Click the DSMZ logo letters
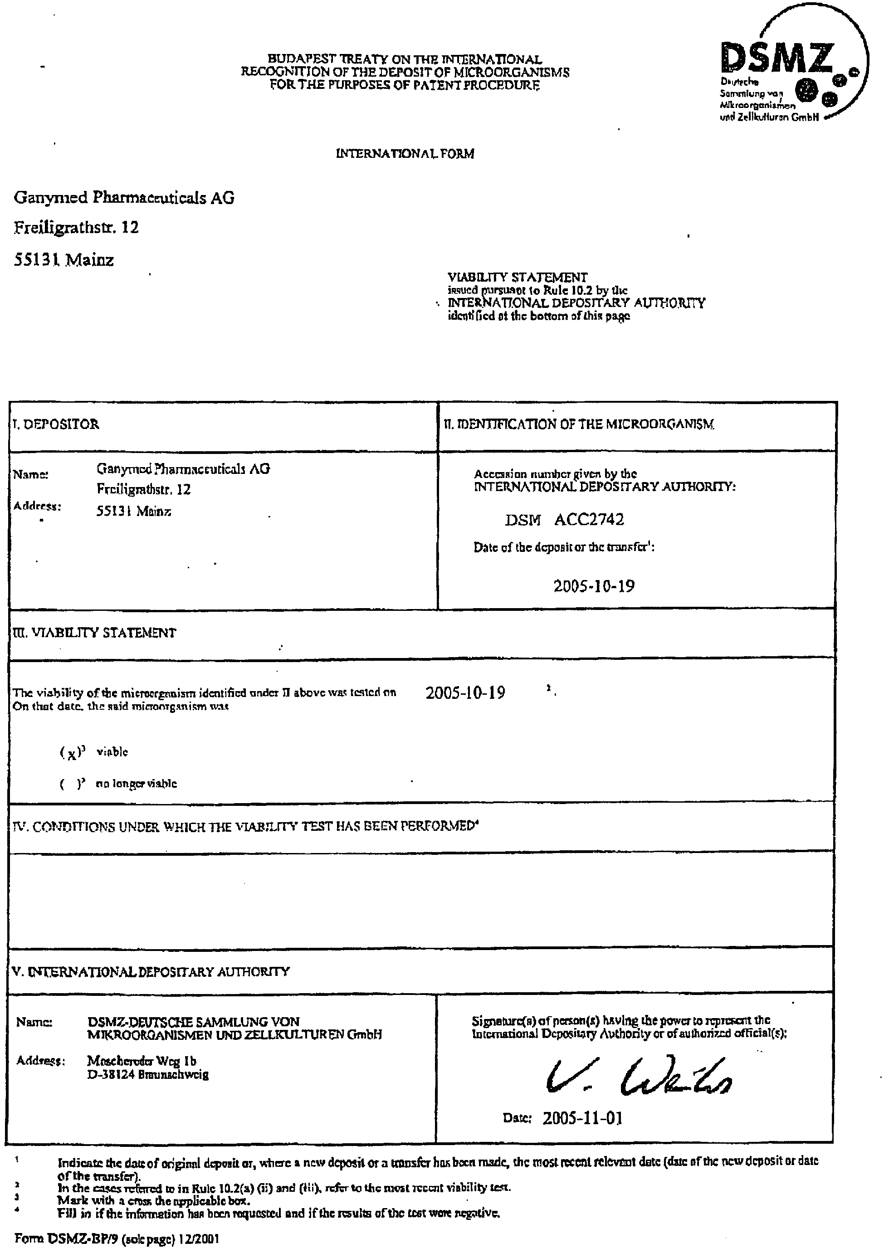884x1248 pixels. (777, 59)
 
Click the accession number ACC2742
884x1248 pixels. (589, 520)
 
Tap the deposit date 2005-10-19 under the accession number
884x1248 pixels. (594, 586)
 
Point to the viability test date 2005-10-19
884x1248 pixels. (465, 693)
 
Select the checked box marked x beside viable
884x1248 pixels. (72, 754)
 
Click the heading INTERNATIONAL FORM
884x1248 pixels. (405, 154)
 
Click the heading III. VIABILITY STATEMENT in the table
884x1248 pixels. (95, 633)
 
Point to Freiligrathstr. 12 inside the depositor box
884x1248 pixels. (144, 489)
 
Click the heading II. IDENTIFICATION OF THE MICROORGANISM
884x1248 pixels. (579, 424)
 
